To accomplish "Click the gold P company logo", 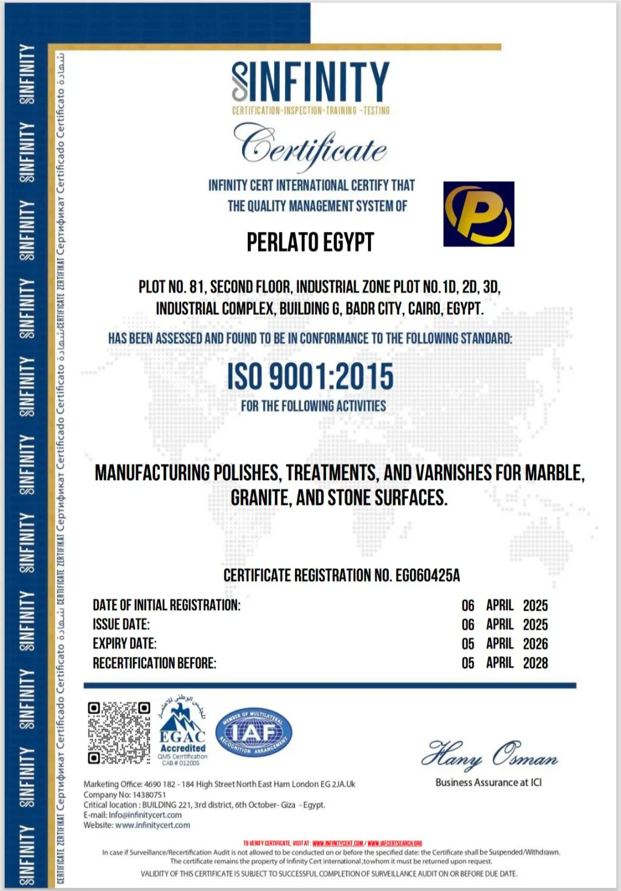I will coord(478,214).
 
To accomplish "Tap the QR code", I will coord(119,732).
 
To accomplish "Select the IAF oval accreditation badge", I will coord(254,733).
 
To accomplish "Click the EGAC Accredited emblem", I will coord(183,734).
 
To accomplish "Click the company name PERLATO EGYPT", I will coord(310,242).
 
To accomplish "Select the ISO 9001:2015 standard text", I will coord(310,376).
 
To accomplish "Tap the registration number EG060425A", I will coord(427,576).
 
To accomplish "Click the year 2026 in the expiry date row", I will coord(535,643).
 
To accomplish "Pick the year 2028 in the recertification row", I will coord(535,663).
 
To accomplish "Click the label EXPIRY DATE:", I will coord(124,643).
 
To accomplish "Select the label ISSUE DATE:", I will coord(121,625).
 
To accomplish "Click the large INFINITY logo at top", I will coord(310,82).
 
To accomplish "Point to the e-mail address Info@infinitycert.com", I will coord(145,815).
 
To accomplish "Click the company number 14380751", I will coord(149,794).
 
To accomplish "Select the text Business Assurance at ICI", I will coord(488,782).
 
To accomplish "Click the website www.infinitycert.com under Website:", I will coord(152,825).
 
